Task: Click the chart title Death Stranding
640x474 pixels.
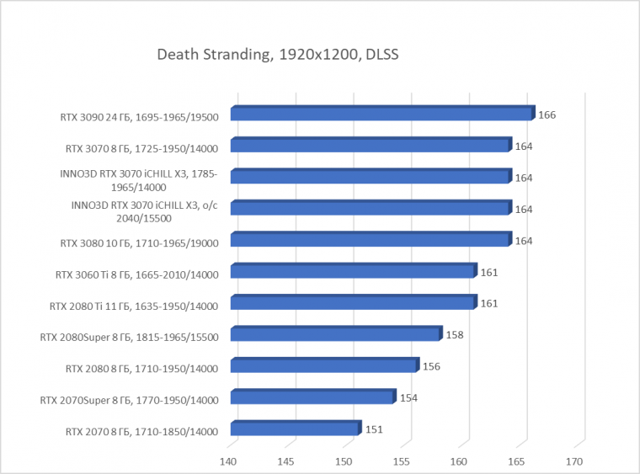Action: pos(277,56)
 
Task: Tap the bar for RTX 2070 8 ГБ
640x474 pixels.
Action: pos(294,429)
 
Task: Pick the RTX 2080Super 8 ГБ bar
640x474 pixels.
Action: pos(335,334)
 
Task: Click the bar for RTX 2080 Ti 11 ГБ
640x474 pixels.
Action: pos(353,303)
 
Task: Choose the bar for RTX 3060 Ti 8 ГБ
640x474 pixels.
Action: pos(353,271)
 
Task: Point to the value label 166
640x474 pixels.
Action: pos(547,115)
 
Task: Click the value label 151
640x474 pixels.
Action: pos(374,429)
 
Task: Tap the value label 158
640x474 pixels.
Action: pos(455,334)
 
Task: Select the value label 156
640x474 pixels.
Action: pos(431,366)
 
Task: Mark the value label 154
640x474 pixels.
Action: pos(408,397)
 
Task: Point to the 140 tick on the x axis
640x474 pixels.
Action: pos(228,461)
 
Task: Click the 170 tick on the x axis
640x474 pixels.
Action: pos(574,461)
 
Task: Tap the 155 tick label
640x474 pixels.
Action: pos(402,461)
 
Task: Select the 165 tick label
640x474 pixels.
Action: pos(517,461)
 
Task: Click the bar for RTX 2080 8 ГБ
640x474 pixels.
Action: pos(323,366)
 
